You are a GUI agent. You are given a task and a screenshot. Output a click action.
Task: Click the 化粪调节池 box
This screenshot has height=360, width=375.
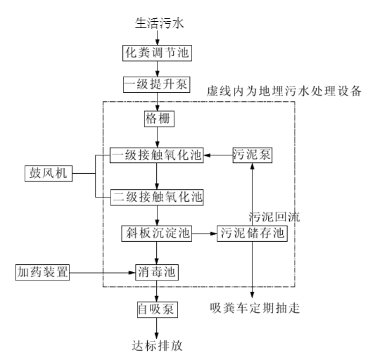157,53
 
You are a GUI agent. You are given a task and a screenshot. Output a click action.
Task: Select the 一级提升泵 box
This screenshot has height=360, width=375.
157,84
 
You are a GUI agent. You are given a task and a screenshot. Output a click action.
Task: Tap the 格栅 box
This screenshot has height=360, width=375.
159,119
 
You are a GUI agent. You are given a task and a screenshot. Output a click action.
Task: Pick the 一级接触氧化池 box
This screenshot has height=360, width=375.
157,155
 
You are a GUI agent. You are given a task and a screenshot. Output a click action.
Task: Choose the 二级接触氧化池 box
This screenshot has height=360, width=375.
157,197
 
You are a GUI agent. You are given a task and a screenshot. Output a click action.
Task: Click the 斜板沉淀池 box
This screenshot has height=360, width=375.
157,233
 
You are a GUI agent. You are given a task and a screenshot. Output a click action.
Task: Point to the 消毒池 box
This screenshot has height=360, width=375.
157,272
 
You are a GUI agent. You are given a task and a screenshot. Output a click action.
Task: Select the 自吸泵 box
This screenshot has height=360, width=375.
158,309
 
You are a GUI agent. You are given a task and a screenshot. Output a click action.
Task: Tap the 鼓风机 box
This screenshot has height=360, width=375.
49,173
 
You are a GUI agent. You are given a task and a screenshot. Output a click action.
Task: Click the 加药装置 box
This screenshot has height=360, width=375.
43,272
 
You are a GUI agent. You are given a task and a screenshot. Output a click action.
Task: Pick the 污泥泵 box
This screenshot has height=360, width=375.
253,155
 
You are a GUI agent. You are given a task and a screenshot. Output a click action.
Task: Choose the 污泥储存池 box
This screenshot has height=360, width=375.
252,233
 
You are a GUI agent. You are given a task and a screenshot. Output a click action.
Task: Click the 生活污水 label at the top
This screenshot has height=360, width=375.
159,23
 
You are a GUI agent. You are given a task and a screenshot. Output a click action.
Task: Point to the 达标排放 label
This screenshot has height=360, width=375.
157,346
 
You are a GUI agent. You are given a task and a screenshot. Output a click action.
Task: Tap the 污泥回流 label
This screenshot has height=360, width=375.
274,217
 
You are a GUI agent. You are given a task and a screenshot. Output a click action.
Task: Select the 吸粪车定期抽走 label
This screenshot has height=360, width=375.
255,308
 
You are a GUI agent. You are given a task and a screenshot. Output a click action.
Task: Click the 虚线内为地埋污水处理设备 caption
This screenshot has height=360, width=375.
284,91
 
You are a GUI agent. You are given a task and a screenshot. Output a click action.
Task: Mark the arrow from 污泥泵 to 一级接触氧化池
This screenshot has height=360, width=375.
218,155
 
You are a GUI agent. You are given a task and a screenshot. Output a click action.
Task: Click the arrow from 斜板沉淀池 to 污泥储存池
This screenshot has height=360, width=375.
204,233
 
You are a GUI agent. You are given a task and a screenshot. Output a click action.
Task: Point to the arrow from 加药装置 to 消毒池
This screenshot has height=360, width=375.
102,273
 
